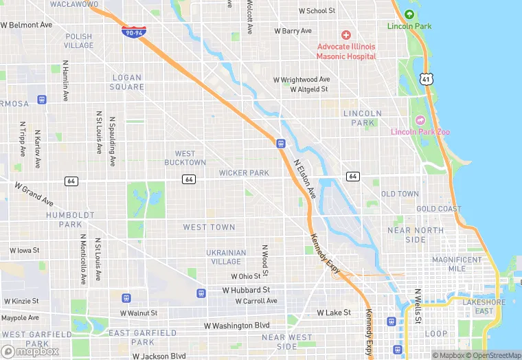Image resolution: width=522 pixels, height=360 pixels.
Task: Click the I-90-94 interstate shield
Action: (133, 31)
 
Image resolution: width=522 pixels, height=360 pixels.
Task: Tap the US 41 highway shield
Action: (427, 80)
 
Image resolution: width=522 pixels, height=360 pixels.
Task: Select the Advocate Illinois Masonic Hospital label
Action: (346, 51)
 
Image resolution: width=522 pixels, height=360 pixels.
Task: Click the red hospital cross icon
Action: (346, 34)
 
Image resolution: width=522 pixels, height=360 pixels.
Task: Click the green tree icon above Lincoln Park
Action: (409, 15)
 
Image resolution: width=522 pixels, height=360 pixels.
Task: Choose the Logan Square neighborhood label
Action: (127, 82)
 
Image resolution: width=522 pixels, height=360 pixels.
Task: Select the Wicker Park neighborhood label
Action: (244, 173)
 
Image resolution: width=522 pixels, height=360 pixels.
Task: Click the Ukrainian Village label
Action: (225, 257)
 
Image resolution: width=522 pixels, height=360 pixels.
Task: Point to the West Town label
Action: (209, 227)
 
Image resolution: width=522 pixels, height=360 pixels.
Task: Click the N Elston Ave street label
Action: (305, 180)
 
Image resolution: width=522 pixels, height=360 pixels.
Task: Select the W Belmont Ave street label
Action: (27, 25)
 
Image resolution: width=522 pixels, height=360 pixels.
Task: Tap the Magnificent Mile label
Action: (457, 265)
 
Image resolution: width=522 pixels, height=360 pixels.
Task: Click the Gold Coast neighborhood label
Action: (438, 209)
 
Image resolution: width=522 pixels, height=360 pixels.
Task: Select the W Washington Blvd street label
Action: (236, 325)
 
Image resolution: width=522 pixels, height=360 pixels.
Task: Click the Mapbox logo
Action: (30, 351)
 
